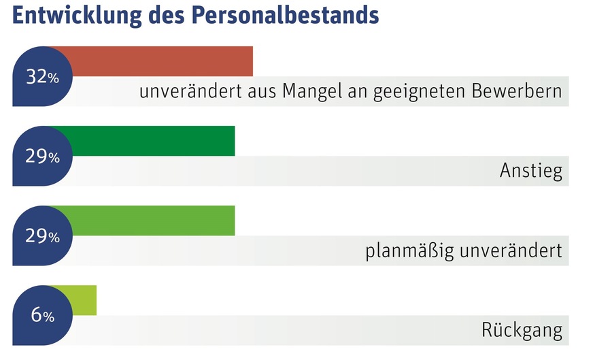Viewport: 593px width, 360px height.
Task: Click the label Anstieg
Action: (x=531, y=172)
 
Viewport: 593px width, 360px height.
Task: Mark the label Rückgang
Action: (x=522, y=331)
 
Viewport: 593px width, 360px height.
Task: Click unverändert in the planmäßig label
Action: (x=511, y=251)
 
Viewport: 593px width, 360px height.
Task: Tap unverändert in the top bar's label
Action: (x=189, y=92)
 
